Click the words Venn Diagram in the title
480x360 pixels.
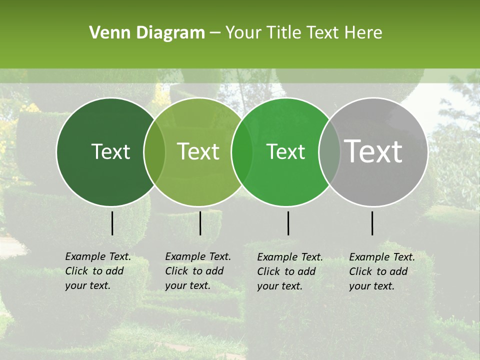(147, 33)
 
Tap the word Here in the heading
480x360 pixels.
(364, 33)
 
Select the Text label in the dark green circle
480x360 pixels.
(110, 151)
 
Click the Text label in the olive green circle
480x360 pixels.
(198, 151)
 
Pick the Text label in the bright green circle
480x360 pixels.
(286, 151)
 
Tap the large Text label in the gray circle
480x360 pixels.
(373, 151)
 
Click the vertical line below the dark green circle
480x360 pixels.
(112, 223)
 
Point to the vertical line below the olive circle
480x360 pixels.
(200, 223)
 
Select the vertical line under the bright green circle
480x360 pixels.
(288, 223)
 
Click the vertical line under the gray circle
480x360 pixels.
(372, 223)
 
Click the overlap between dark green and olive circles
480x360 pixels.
(154, 151)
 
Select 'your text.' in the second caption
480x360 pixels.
(187, 285)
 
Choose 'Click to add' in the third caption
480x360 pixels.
(286, 271)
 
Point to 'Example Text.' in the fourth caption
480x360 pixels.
(382, 257)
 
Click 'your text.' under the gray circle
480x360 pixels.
(371, 286)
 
